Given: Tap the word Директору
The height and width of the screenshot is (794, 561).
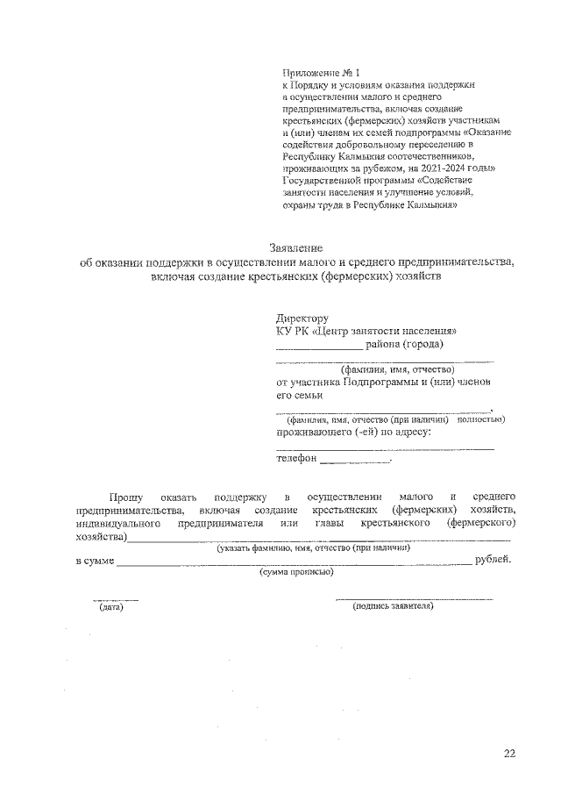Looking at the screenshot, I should (x=302, y=318).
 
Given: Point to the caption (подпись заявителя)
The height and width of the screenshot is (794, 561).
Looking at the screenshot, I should (x=393, y=606).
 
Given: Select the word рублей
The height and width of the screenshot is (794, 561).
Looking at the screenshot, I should (x=493, y=560).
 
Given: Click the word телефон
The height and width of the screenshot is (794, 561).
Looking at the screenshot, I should (x=295, y=458).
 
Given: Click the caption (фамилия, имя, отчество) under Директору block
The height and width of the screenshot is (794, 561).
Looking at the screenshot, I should (x=384, y=369).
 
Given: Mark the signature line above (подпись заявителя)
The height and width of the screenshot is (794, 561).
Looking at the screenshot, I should (x=414, y=599).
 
